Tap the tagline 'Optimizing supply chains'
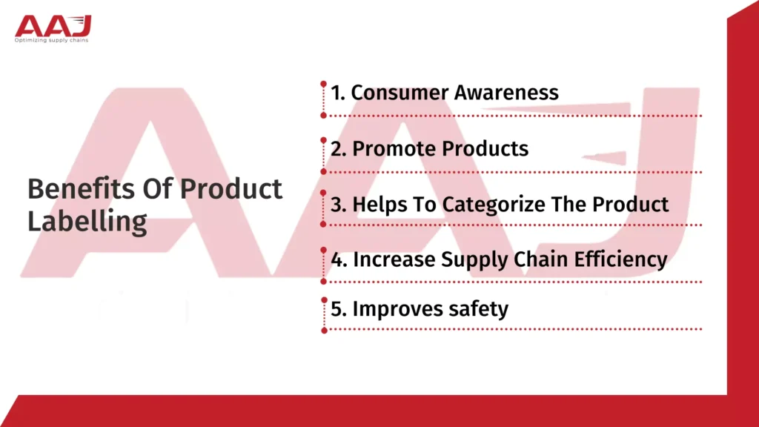[x=52, y=40]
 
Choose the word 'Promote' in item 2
[x=394, y=148]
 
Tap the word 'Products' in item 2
[x=485, y=148]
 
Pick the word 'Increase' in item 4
[x=394, y=259]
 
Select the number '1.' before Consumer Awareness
[x=338, y=93]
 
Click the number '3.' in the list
[x=339, y=204]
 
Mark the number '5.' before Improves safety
[x=339, y=308]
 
